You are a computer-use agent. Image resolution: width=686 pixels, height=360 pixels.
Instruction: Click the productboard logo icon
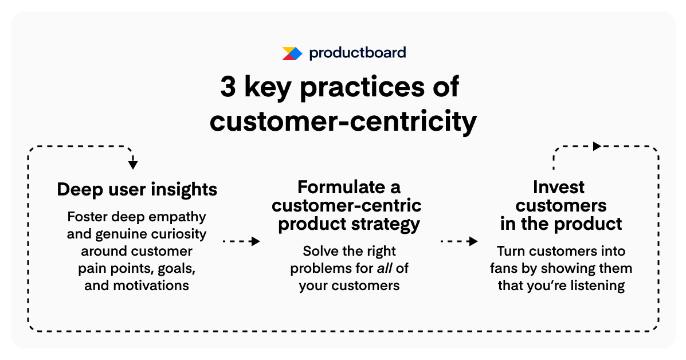[292, 53]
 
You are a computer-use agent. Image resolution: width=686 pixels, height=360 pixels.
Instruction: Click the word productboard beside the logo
[357, 53]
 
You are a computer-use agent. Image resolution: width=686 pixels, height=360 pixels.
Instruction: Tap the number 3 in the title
[228, 88]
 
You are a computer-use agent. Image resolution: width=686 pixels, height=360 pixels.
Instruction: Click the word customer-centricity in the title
[343, 121]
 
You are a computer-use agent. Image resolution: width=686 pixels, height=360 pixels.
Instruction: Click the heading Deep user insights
[137, 190]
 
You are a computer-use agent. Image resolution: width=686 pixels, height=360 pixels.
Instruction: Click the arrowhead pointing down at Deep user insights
[133, 165]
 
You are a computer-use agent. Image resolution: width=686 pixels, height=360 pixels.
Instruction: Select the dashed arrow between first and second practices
[241, 241]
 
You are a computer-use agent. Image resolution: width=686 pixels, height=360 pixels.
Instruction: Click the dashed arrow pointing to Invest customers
[458, 241]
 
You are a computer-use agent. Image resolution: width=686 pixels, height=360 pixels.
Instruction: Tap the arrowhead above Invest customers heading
[597, 146]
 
